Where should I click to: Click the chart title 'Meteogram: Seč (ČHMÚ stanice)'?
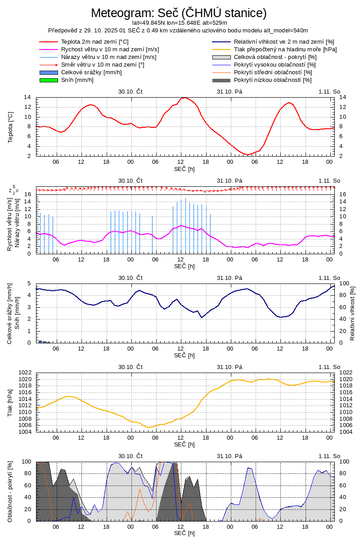point(179,13)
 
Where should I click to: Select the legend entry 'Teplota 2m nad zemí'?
point(85,42)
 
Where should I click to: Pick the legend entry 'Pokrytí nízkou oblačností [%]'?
point(273,80)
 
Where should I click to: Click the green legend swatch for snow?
point(49,80)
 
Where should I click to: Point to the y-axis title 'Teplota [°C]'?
point(10,126)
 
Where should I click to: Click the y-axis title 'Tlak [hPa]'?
point(10,402)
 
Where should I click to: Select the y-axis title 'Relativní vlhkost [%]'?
point(352,313)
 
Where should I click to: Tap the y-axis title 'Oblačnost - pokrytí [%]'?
point(10,491)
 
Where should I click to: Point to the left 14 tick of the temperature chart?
point(27,97)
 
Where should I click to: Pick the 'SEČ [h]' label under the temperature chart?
point(184,169)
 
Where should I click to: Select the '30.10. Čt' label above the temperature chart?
point(130,91)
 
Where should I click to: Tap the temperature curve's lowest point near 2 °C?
point(247,155)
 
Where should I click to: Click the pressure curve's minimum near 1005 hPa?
point(149,427)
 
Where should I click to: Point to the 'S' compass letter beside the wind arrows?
point(13,186)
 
